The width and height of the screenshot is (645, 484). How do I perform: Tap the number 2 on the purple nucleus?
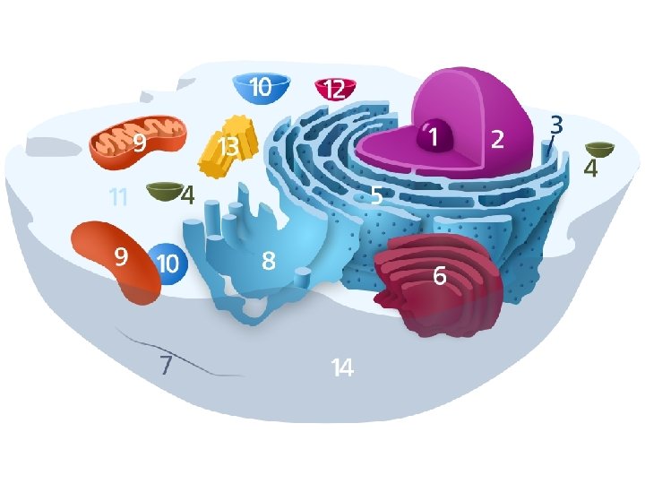click(498, 139)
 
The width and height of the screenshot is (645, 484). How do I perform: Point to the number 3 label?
click(556, 123)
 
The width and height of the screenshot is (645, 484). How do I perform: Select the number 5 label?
click(377, 194)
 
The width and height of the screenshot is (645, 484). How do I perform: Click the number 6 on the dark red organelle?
click(440, 277)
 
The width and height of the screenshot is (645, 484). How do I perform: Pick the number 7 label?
click(165, 365)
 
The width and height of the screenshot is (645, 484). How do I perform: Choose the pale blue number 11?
click(117, 196)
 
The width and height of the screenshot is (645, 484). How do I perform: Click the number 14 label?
click(342, 367)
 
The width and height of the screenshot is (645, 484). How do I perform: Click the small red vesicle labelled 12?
click(335, 89)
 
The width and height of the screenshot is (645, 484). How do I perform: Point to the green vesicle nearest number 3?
click(599, 150)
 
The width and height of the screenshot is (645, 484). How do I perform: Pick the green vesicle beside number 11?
click(163, 191)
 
